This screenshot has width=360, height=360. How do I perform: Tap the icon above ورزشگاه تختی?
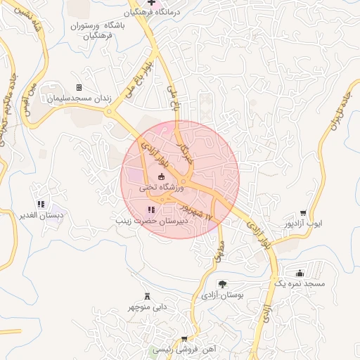point(161,176)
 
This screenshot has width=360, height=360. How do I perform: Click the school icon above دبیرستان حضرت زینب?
point(150,210)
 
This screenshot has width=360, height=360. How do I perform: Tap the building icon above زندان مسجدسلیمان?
point(79,87)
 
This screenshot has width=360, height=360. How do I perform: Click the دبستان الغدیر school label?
point(40,216)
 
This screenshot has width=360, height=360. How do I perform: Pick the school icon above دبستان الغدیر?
point(40,204)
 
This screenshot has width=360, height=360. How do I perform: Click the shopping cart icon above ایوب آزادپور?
point(303,213)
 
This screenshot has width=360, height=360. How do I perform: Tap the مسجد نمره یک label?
point(300,283)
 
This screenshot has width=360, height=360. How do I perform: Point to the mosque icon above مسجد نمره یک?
point(300,272)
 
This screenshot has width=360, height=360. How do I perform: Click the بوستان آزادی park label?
point(222,295)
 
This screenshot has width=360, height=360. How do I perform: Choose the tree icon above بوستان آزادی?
point(222,284)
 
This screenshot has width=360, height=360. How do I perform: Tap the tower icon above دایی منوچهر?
point(147,296)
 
